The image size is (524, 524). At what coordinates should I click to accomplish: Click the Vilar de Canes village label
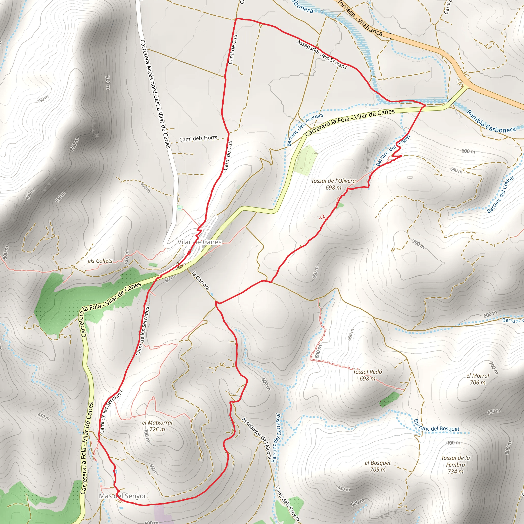point(199,242)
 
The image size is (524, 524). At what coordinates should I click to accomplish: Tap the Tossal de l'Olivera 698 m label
point(333,184)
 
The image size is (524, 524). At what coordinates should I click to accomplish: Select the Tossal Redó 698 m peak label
point(367,375)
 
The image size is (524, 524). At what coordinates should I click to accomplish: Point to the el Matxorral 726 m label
point(157,426)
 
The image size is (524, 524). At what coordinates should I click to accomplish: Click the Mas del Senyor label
point(123,496)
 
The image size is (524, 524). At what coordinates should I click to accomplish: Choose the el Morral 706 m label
point(478,379)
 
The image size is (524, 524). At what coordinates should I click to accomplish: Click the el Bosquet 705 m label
point(378,466)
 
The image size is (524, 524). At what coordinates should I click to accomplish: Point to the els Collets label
point(100,261)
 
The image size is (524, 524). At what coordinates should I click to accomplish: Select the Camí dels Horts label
point(198,139)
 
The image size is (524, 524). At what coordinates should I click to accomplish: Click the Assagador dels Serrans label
point(322,54)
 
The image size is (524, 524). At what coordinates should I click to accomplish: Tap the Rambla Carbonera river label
point(491,122)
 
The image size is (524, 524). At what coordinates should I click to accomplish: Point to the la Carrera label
point(201,281)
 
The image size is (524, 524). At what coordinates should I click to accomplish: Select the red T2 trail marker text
point(322,217)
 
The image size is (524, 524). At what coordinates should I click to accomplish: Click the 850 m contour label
point(30,194)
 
